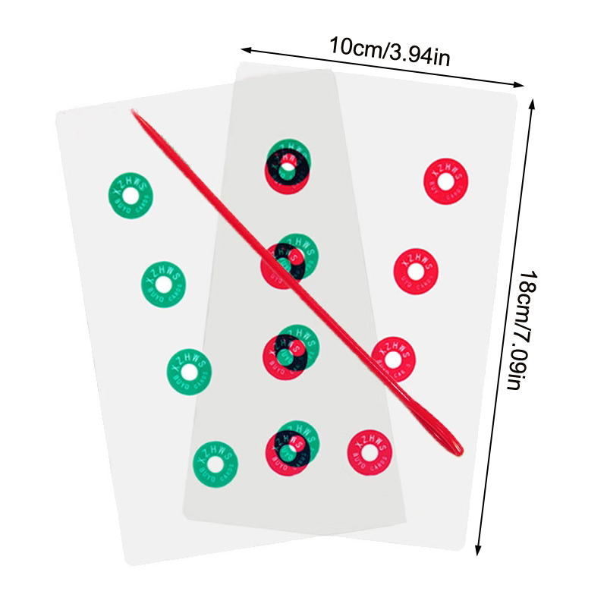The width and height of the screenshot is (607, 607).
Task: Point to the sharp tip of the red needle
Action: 134,112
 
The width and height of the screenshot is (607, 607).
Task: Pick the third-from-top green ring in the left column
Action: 188,371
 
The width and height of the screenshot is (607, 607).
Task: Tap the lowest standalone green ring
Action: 215,462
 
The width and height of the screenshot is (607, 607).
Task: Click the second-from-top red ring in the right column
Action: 416,269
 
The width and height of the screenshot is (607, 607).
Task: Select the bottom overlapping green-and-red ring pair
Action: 291,448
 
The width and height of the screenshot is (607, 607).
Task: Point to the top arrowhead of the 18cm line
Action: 533,99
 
